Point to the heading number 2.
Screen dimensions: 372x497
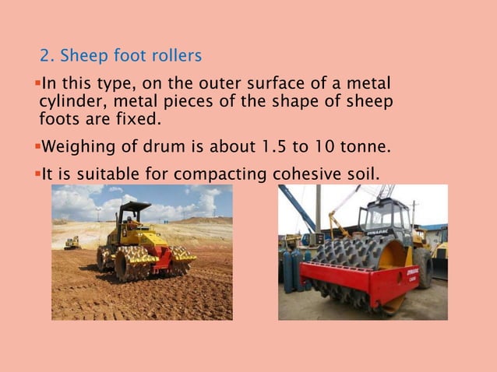[45, 56]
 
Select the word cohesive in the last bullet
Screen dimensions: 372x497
[302, 174]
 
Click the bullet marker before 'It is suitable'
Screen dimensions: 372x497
[37, 173]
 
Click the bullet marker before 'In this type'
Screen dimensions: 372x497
[37, 83]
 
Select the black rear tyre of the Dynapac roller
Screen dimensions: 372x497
[422, 266]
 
